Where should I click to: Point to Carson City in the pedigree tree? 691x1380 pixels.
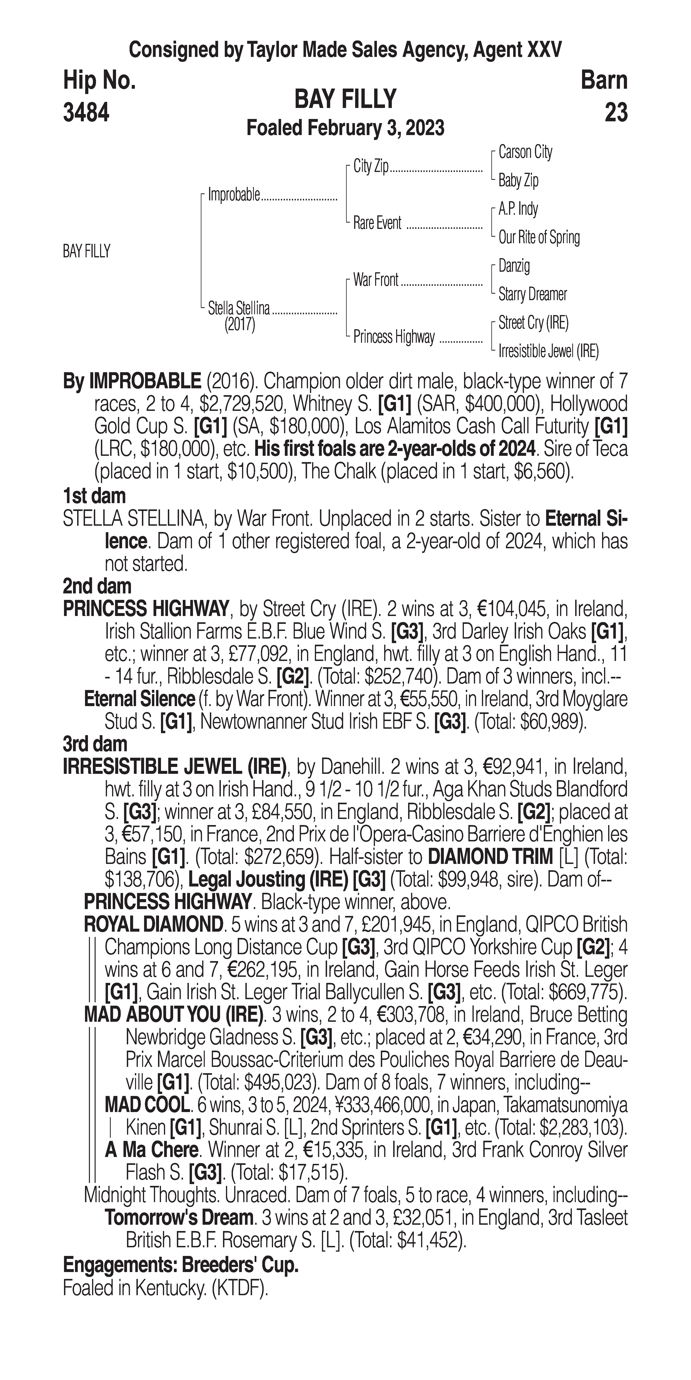pyautogui.click(x=525, y=152)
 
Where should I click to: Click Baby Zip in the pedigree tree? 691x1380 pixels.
pyautogui.click(x=518, y=181)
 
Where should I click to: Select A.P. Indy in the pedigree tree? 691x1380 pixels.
pyautogui.click(x=518, y=209)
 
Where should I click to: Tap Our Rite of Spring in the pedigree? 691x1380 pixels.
pyautogui.click(x=539, y=237)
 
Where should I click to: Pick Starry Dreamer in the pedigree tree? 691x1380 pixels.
pyautogui.click(x=532, y=294)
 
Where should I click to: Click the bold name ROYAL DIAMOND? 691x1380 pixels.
pyautogui.click(x=153, y=924)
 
